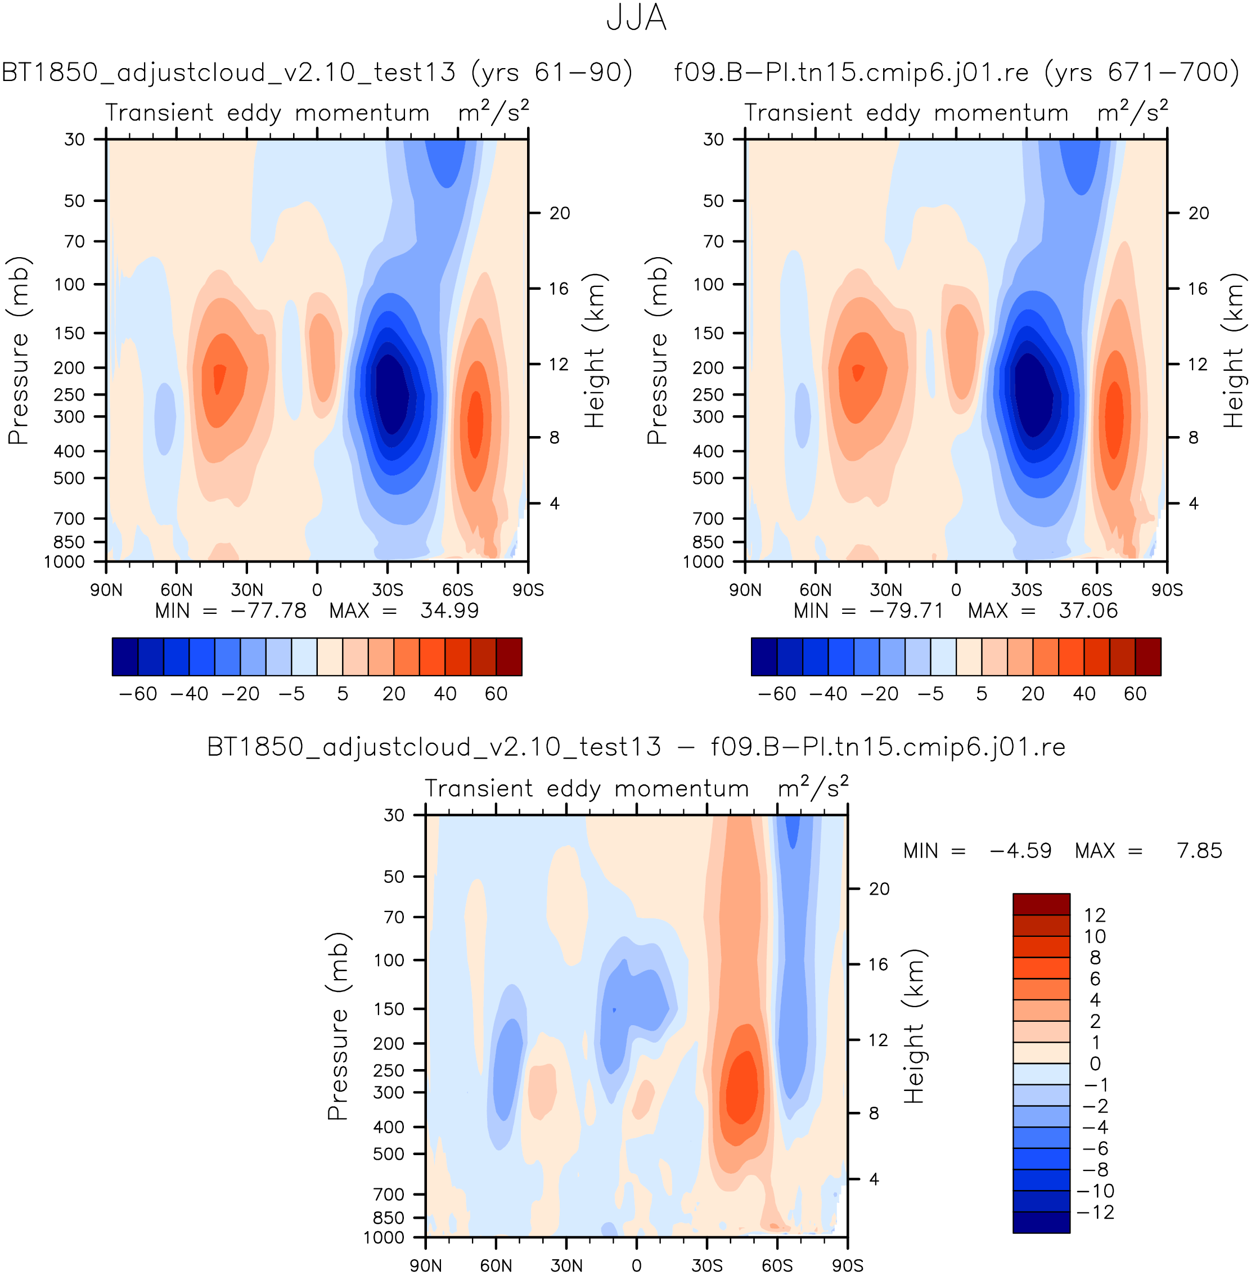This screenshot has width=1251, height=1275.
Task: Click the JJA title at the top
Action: (636, 19)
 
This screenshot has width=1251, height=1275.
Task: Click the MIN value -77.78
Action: (268, 610)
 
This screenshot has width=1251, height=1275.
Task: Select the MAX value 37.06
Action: (1088, 610)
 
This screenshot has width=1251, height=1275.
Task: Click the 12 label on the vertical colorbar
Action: (1095, 915)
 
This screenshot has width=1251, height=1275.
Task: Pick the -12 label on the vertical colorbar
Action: (1095, 1212)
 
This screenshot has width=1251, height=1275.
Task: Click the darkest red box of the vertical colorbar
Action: (1041, 904)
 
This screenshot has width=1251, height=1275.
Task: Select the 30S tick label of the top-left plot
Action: (387, 590)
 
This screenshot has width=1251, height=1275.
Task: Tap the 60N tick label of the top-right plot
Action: (816, 590)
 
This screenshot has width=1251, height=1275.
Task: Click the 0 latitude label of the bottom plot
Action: (636, 1265)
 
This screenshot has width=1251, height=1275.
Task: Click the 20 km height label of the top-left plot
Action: (560, 213)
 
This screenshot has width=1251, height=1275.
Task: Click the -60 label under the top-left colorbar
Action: (138, 693)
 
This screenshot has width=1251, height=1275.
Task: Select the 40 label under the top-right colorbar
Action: (1084, 693)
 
